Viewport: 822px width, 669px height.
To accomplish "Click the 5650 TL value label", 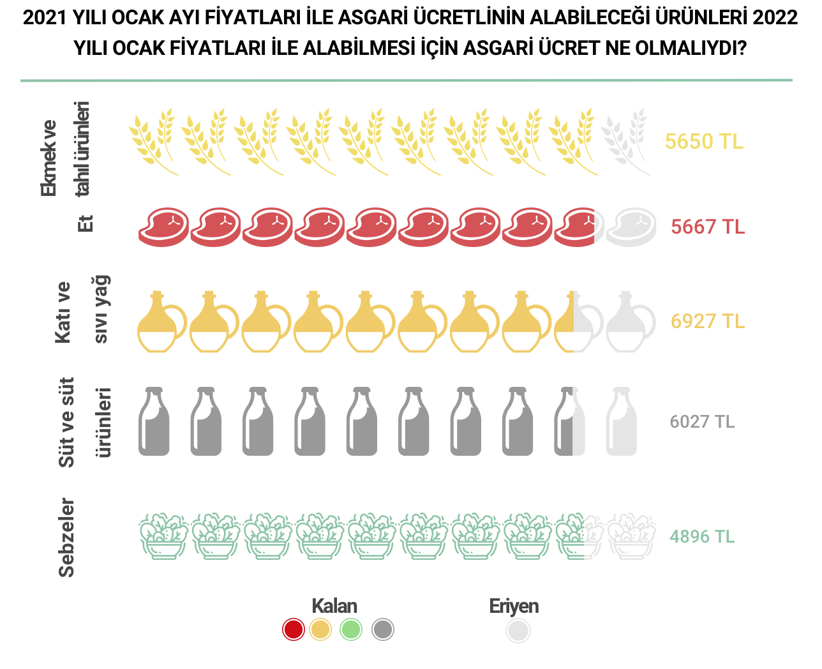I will tap(704, 141).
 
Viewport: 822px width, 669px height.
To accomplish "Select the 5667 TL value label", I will tap(708, 227).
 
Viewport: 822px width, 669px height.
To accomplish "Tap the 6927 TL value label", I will tap(708, 320).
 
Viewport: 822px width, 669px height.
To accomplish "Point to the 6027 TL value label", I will tap(702, 421).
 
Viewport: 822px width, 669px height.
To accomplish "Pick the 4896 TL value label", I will tap(702, 536).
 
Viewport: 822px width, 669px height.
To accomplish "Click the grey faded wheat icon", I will tap(625, 142).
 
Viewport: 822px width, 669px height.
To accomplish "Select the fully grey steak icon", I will tap(631, 227).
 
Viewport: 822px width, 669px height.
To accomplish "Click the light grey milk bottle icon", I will tap(622, 421).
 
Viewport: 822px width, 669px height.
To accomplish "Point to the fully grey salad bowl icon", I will tap(631, 536).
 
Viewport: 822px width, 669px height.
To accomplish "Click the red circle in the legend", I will tap(294, 629).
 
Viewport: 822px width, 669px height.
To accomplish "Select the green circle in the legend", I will tap(351, 629).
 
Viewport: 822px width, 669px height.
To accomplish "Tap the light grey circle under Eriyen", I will tap(518, 631).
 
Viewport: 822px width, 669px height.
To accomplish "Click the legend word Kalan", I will tap(334, 606).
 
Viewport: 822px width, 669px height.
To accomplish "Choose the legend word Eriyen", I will tap(514, 606).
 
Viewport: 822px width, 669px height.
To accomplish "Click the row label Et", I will tap(86, 223).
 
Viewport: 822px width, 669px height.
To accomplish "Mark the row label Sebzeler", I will tap(66, 537).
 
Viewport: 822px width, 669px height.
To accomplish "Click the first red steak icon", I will tap(164, 227).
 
